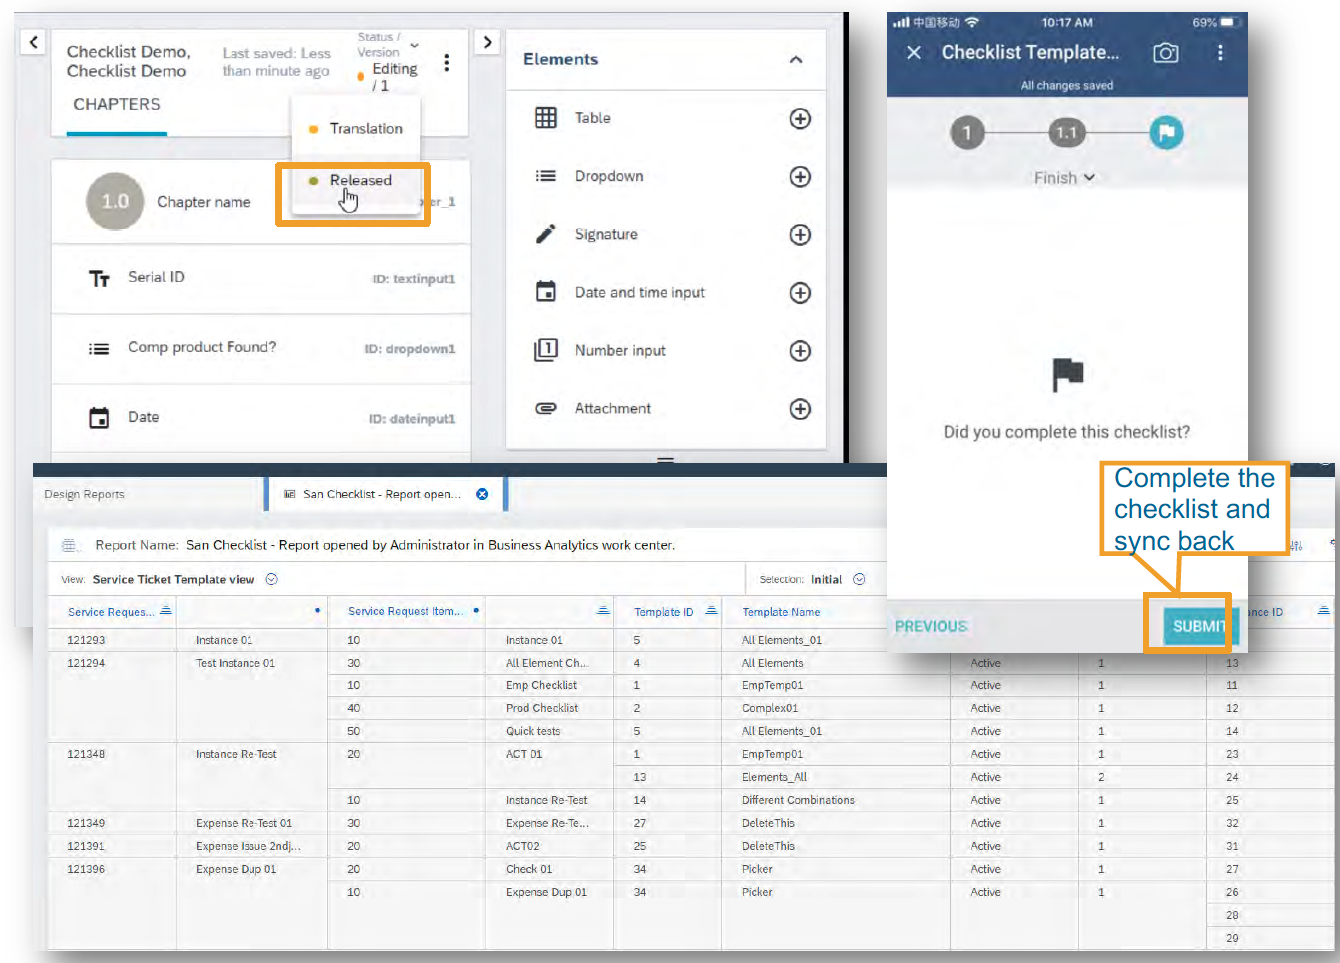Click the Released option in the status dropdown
(x=360, y=181)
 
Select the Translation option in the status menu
(x=365, y=129)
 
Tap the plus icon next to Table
(x=800, y=119)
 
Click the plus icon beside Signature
(x=800, y=235)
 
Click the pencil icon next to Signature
(x=546, y=234)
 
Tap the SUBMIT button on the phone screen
(x=1198, y=626)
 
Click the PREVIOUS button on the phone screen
(x=930, y=626)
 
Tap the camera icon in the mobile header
(x=1165, y=53)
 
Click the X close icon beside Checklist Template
(x=914, y=53)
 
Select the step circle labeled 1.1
(x=1066, y=133)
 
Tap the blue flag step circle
(x=1166, y=133)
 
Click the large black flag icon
(x=1067, y=374)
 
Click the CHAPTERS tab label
(x=117, y=105)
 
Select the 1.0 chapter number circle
(x=115, y=202)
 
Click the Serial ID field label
(x=156, y=277)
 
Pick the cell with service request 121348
(x=86, y=754)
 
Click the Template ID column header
(x=663, y=612)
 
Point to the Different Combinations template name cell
(x=798, y=800)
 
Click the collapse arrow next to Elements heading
(x=796, y=60)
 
